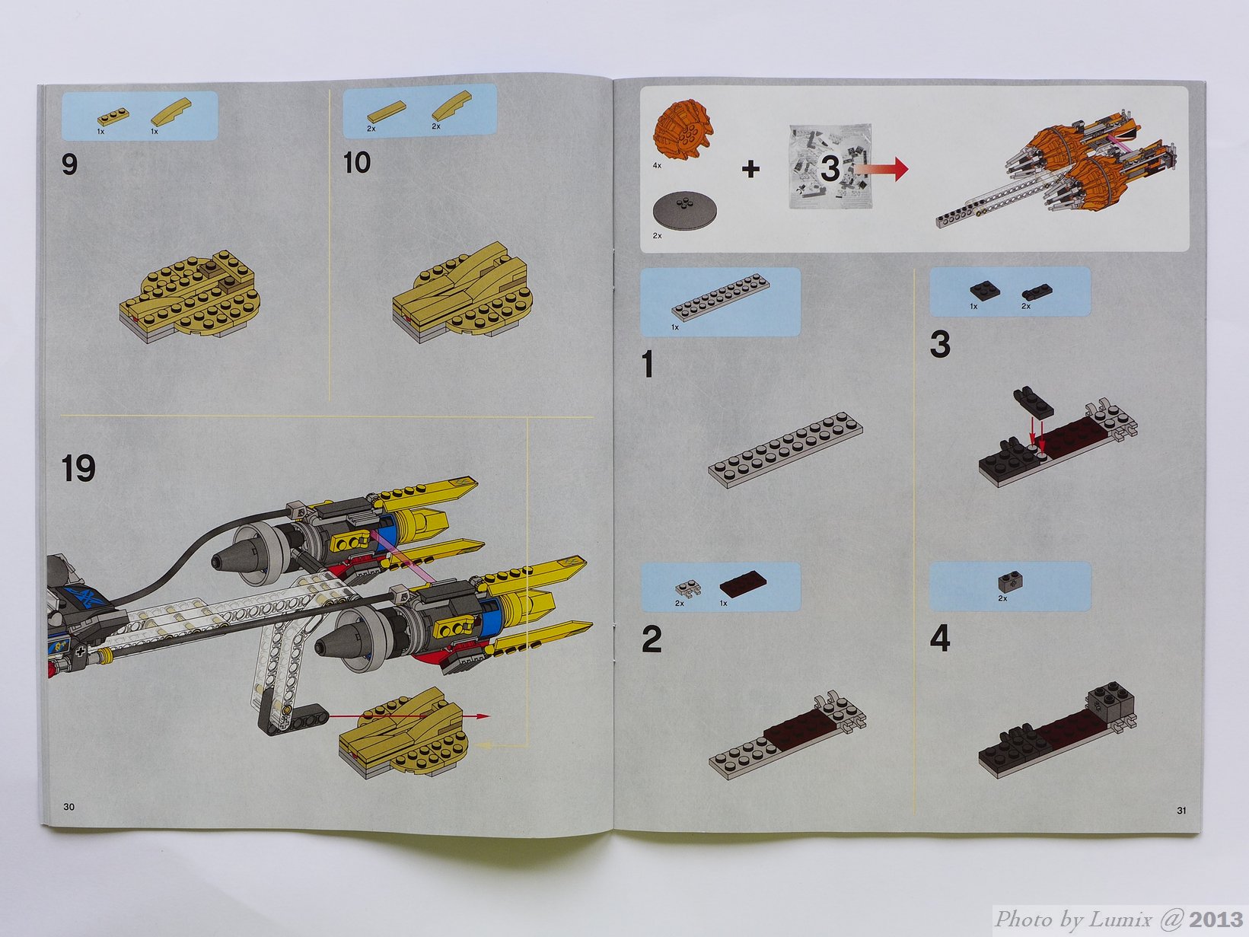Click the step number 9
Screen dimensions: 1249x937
coord(69,165)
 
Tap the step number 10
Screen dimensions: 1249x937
coord(357,163)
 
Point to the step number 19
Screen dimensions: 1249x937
coord(78,469)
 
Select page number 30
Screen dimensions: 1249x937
coord(69,807)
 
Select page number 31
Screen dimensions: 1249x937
coord(1182,810)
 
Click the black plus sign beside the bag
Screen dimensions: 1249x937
coord(750,168)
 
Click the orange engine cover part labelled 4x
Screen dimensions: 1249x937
coord(683,129)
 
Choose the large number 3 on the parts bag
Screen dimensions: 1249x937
coord(830,169)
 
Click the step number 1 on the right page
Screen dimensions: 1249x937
coord(648,364)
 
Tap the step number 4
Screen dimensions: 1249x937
coord(939,639)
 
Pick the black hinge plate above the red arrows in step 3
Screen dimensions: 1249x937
coord(1034,404)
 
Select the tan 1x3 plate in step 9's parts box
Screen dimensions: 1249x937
coord(113,117)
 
